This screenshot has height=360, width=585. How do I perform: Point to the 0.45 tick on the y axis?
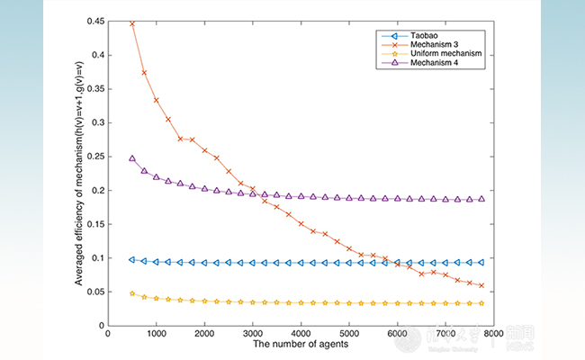(x=92, y=21)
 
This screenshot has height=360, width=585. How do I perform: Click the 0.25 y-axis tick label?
(x=92, y=156)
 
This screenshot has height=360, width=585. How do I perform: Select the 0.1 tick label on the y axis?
(x=94, y=257)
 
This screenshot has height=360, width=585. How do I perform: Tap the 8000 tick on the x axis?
(x=494, y=334)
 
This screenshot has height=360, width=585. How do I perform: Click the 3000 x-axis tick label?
(x=253, y=334)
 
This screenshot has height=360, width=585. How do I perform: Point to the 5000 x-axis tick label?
(x=349, y=334)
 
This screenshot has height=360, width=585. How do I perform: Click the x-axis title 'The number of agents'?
(x=301, y=346)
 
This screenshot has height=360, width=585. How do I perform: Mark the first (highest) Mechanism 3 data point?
(x=132, y=23)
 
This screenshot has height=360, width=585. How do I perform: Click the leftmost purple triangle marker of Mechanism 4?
(x=132, y=158)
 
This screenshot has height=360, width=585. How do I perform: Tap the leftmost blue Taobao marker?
(x=132, y=259)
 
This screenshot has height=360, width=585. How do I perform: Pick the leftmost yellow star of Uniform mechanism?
(x=132, y=292)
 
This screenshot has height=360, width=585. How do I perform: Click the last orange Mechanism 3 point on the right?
(x=481, y=285)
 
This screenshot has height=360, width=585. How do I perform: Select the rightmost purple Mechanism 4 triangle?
(x=481, y=199)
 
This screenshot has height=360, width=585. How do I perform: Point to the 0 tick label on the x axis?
(x=108, y=334)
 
